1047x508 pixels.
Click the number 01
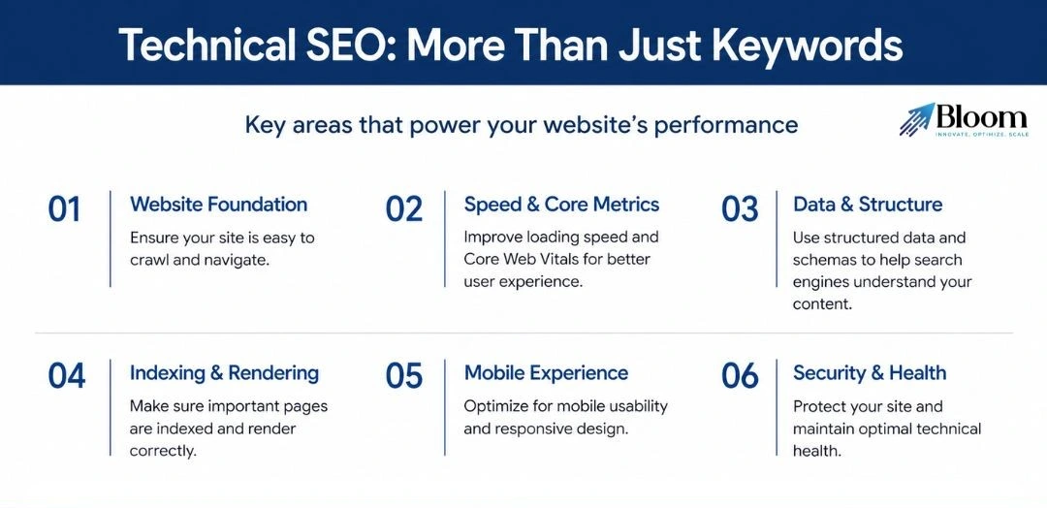point(64,209)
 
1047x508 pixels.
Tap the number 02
point(404,209)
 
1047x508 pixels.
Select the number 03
point(740,209)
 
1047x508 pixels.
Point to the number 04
point(67,376)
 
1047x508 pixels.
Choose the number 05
point(404,376)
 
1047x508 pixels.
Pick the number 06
point(740,376)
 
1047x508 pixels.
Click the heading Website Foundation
point(218,205)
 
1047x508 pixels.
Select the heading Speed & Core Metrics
point(561,205)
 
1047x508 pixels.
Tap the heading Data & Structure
point(868,205)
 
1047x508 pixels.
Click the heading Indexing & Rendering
point(224,373)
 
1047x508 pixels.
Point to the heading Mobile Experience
point(546,373)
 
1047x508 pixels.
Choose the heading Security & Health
point(870,373)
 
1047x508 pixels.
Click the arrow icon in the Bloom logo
point(916,119)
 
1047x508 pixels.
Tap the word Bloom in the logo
point(981,117)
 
